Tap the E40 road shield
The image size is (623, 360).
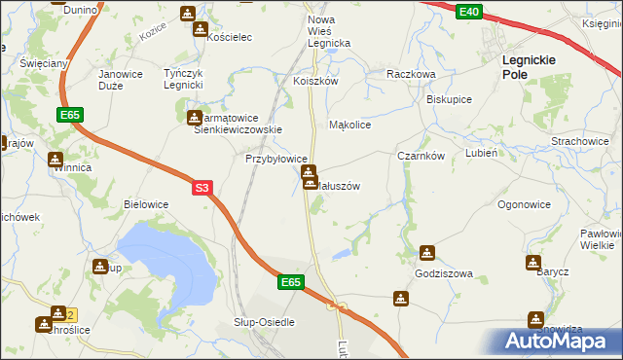pyautogui.click(x=469, y=11)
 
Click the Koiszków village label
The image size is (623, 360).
pyautogui.click(x=315, y=82)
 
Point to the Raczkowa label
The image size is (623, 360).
pyautogui.click(x=410, y=74)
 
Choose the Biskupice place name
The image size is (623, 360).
pyautogui.click(x=449, y=100)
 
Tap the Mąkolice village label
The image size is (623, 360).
pyautogui.click(x=350, y=126)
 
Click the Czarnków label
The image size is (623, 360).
pyautogui.click(x=421, y=156)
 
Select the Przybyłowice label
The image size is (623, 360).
pyautogui.click(x=276, y=159)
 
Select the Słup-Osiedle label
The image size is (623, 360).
pyautogui.click(x=264, y=322)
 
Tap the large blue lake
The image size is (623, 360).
pyautogui.click(x=165, y=259)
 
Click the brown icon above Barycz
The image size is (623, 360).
pyautogui.click(x=532, y=263)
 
